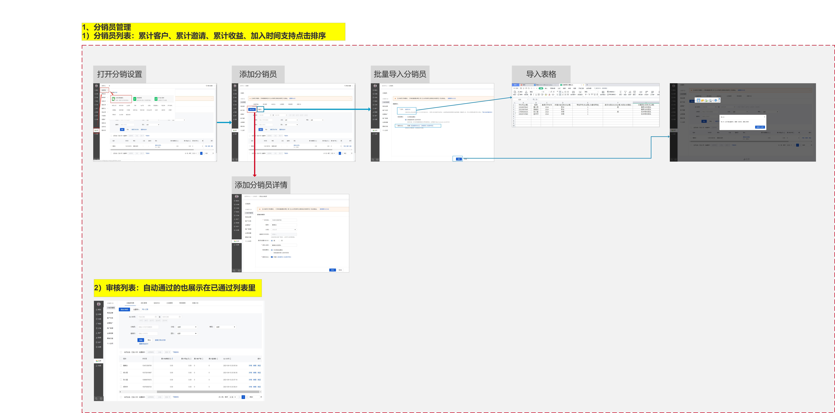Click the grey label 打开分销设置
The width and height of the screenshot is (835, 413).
click(120, 74)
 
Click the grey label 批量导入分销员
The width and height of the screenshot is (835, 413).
click(400, 74)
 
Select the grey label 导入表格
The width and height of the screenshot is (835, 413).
click(541, 74)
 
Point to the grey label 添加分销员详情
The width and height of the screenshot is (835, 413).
click(261, 185)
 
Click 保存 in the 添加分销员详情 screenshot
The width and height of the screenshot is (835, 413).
click(332, 270)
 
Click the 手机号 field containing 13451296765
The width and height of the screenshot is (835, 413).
click(284, 220)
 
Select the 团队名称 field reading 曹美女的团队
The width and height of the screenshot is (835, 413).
click(284, 245)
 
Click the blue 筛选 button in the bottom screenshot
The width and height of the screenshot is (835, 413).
click(141, 340)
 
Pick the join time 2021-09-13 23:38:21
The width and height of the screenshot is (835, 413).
click(230, 387)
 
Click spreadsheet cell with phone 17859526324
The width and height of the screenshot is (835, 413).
click(523, 112)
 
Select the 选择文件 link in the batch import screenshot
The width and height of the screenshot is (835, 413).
click(407, 109)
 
